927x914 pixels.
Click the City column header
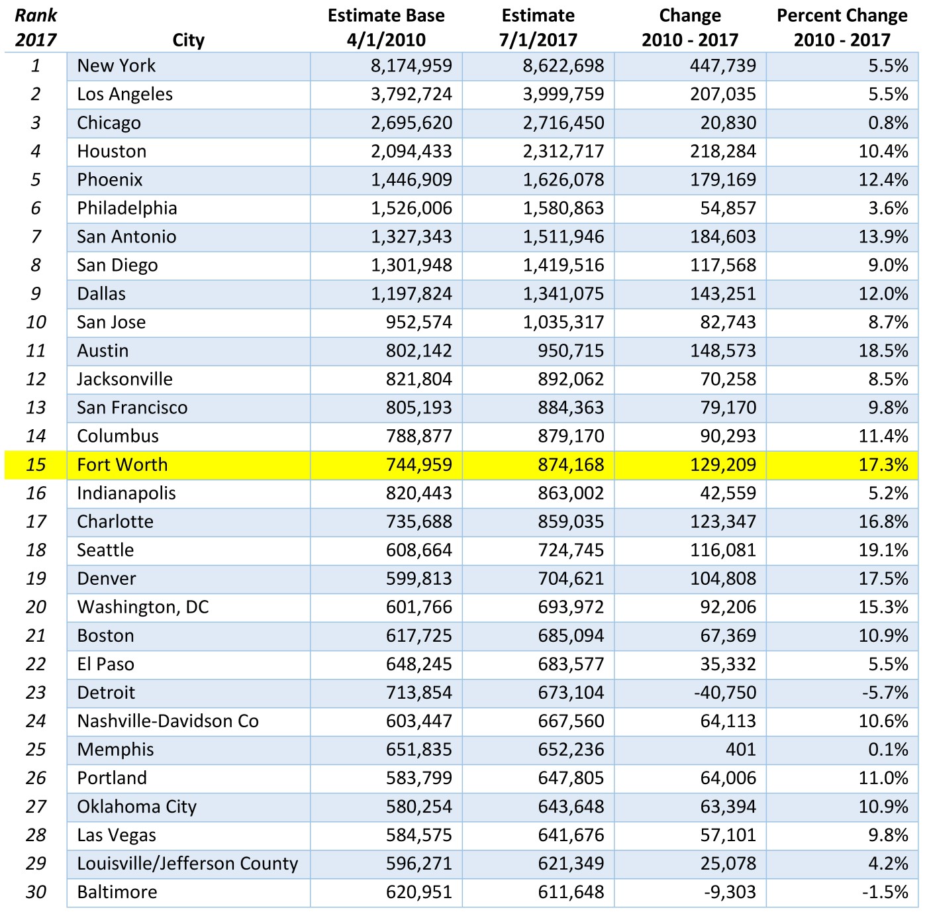click(188, 40)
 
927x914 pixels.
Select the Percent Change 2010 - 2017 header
click(842, 28)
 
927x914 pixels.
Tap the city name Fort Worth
click(122, 465)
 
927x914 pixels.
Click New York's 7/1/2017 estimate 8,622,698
click(563, 66)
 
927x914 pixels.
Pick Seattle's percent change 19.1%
click(883, 550)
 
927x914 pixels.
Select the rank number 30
click(36, 892)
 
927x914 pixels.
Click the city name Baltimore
click(117, 892)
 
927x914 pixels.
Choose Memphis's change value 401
click(740, 750)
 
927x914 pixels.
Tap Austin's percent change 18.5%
click(883, 351)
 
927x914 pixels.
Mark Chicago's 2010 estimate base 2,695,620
click(411, 123)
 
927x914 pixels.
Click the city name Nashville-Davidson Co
click(168, 721)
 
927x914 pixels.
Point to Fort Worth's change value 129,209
click(723, 465)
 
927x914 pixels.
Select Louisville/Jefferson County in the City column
click(187, 864)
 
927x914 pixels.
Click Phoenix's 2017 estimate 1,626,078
click(563, 180)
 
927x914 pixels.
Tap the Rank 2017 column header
click(36, 28)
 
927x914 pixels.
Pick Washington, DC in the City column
click(143, 607)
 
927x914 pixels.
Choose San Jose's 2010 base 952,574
click(418, 323)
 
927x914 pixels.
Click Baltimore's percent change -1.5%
click(885, 892)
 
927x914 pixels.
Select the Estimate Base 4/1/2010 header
click(386, 28)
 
